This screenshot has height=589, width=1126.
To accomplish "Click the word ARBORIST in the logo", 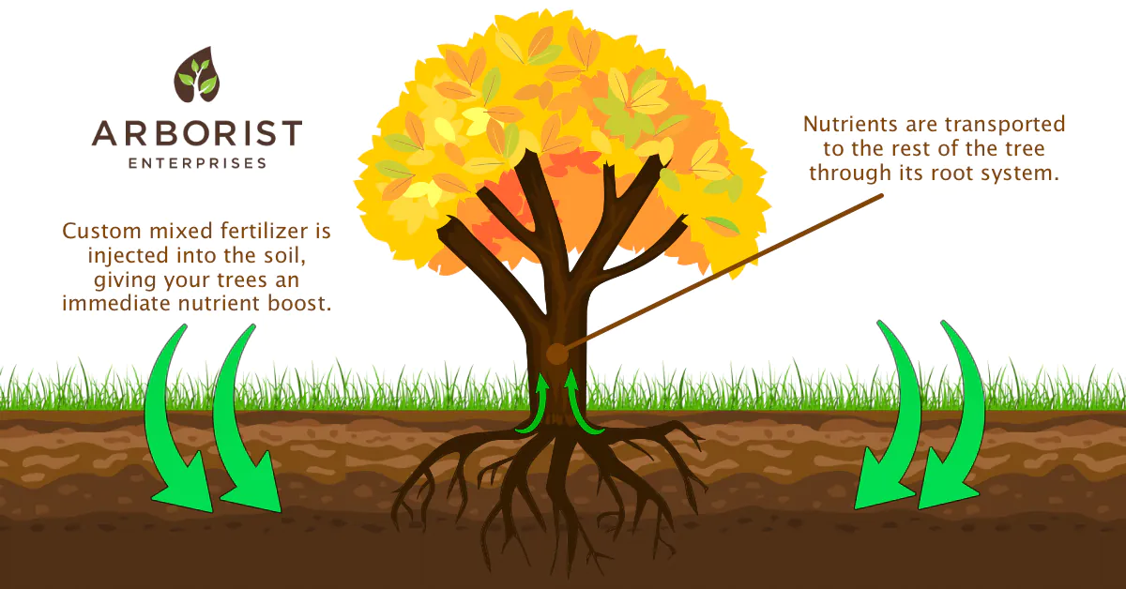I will click(197, 132).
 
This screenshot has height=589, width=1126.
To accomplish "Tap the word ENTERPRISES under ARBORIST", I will click(197, 162).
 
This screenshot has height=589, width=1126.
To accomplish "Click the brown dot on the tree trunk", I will click(555, 354).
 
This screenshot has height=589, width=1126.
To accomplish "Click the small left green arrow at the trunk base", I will click(537, 405).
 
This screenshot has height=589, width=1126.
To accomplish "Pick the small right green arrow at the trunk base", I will click(580, 405).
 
